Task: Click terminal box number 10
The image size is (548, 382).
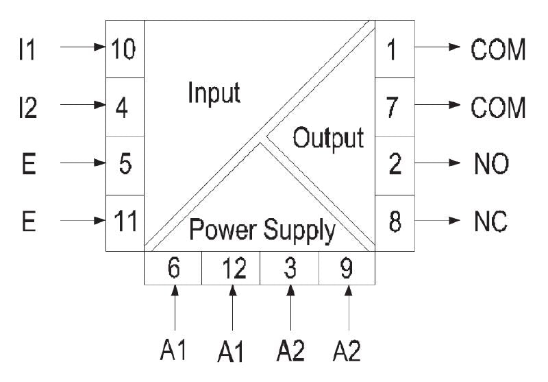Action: pos(125,49)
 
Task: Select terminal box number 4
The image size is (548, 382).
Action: pos(125,107)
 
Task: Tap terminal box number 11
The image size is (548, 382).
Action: pos(125,222)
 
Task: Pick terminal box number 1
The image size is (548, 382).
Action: pos(395,49)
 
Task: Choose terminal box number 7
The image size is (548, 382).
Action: pos(395,107)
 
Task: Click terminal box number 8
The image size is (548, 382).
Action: pos(395,222)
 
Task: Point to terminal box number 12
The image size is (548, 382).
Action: pos(231,268)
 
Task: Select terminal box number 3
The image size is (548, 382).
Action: pos(290,268)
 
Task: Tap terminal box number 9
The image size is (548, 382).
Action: pos(347,268)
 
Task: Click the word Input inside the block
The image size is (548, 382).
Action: pos(214,93)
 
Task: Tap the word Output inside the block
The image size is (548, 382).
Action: pos(328,139)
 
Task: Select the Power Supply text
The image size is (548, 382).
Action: pos(262,231)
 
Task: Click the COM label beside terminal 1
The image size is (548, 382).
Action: pos(497,49)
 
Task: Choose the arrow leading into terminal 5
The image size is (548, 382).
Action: pos(83,165)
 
